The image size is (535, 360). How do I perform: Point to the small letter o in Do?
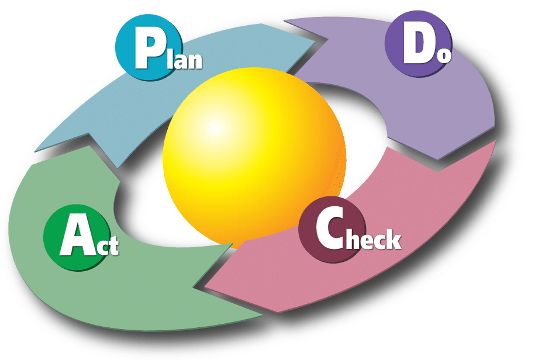(445, 56)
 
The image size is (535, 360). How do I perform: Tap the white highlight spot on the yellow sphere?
(213, 126)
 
